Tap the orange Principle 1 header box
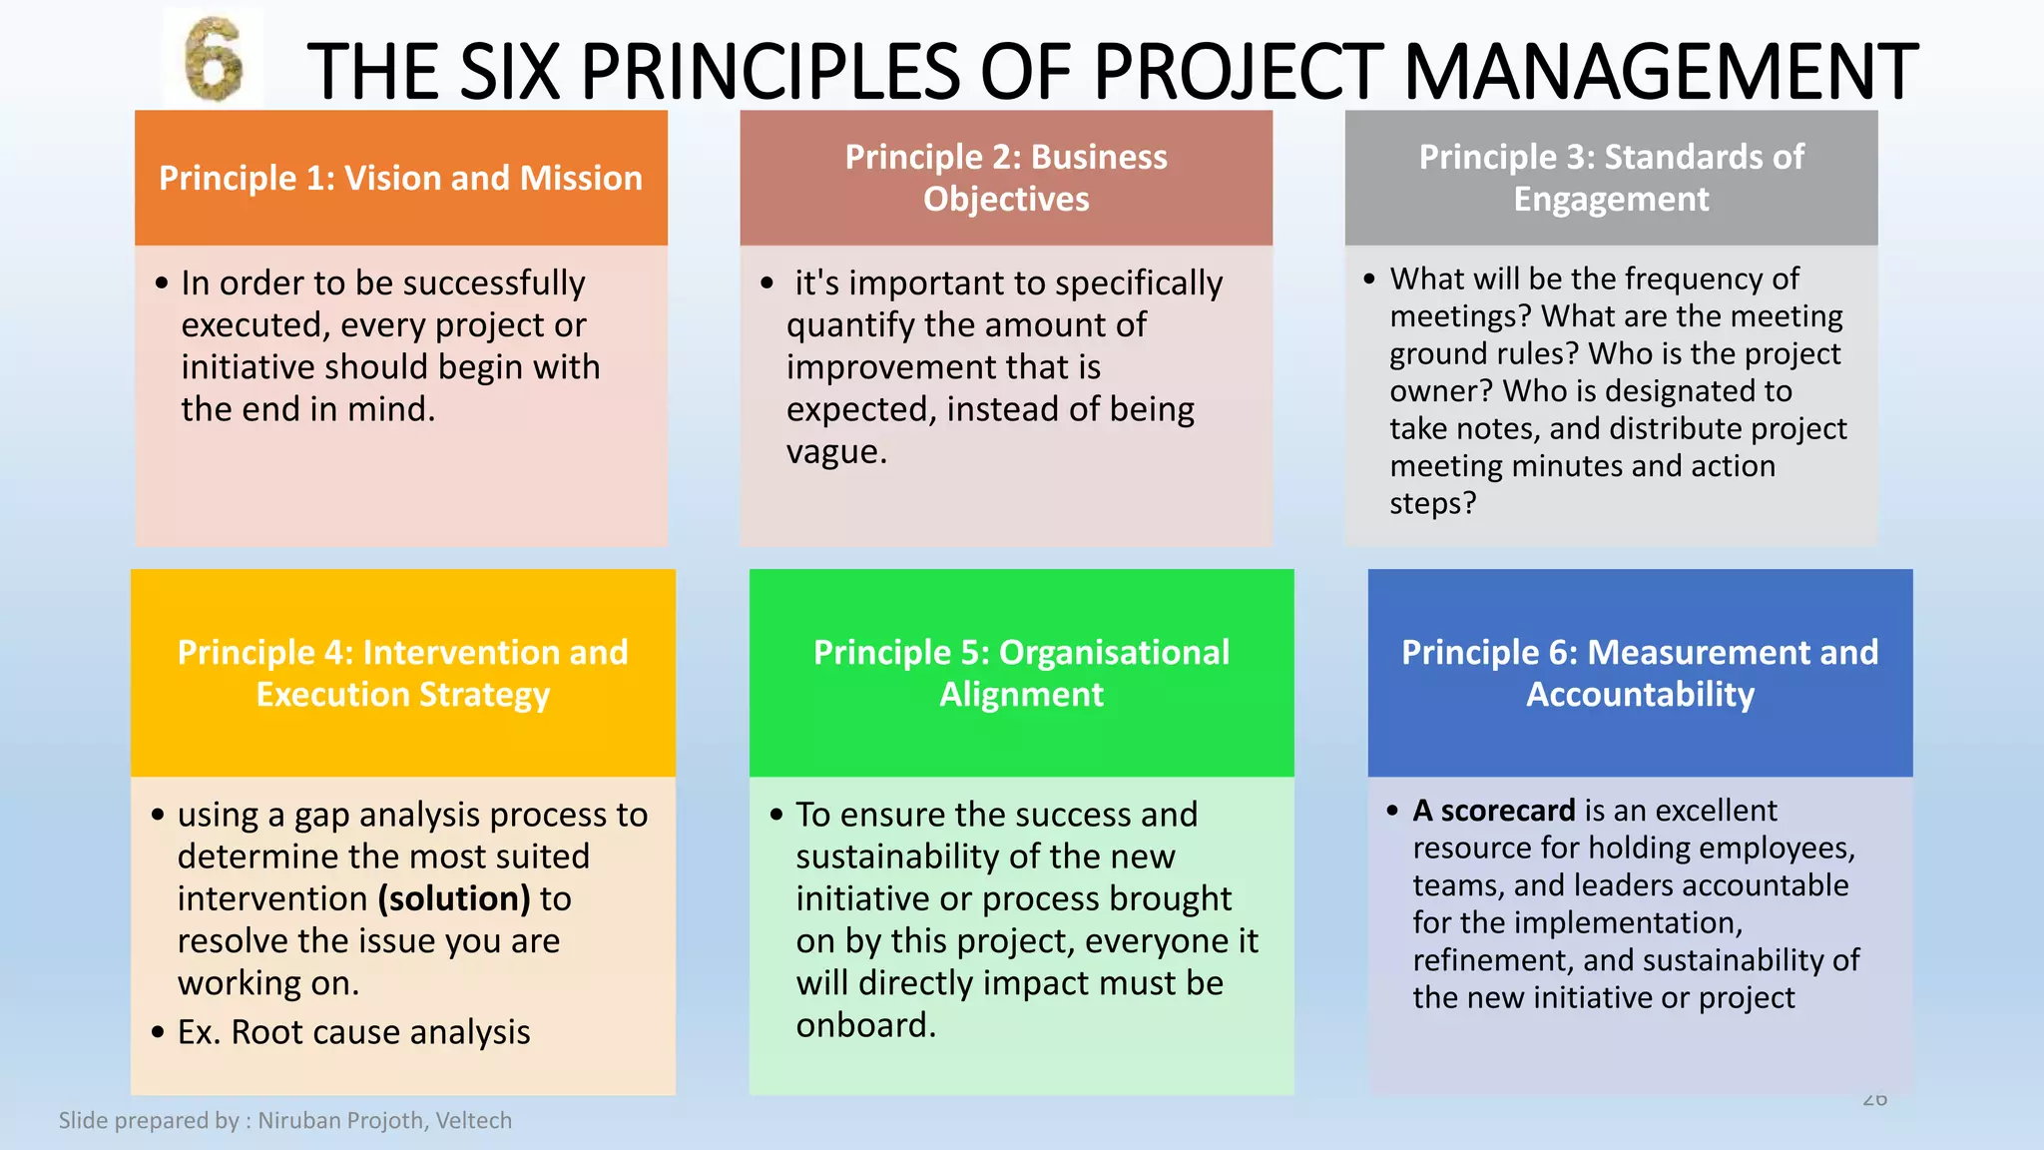click(x=400, y=178)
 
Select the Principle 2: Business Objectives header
click(x=1006, y=178)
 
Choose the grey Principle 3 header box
click(x=1611, y=178)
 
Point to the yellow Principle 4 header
click(x=402, y=673)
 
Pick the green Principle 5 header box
click(x=1021, y=673)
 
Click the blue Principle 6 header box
click(x=1640, y=673)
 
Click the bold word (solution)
click(x=454, y=899)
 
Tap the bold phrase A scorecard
click(x=1493, y=811)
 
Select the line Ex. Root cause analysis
click(x=353, y=1032)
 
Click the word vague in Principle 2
click(x=834, y=452)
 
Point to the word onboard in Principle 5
click(x=864, y=1026)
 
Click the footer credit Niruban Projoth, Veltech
click(x=384, y=1120)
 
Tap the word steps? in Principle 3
click(x=1432, y=503)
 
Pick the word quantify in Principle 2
click(x=850, y=325)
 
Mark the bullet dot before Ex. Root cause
click(x=158, y=1032)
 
